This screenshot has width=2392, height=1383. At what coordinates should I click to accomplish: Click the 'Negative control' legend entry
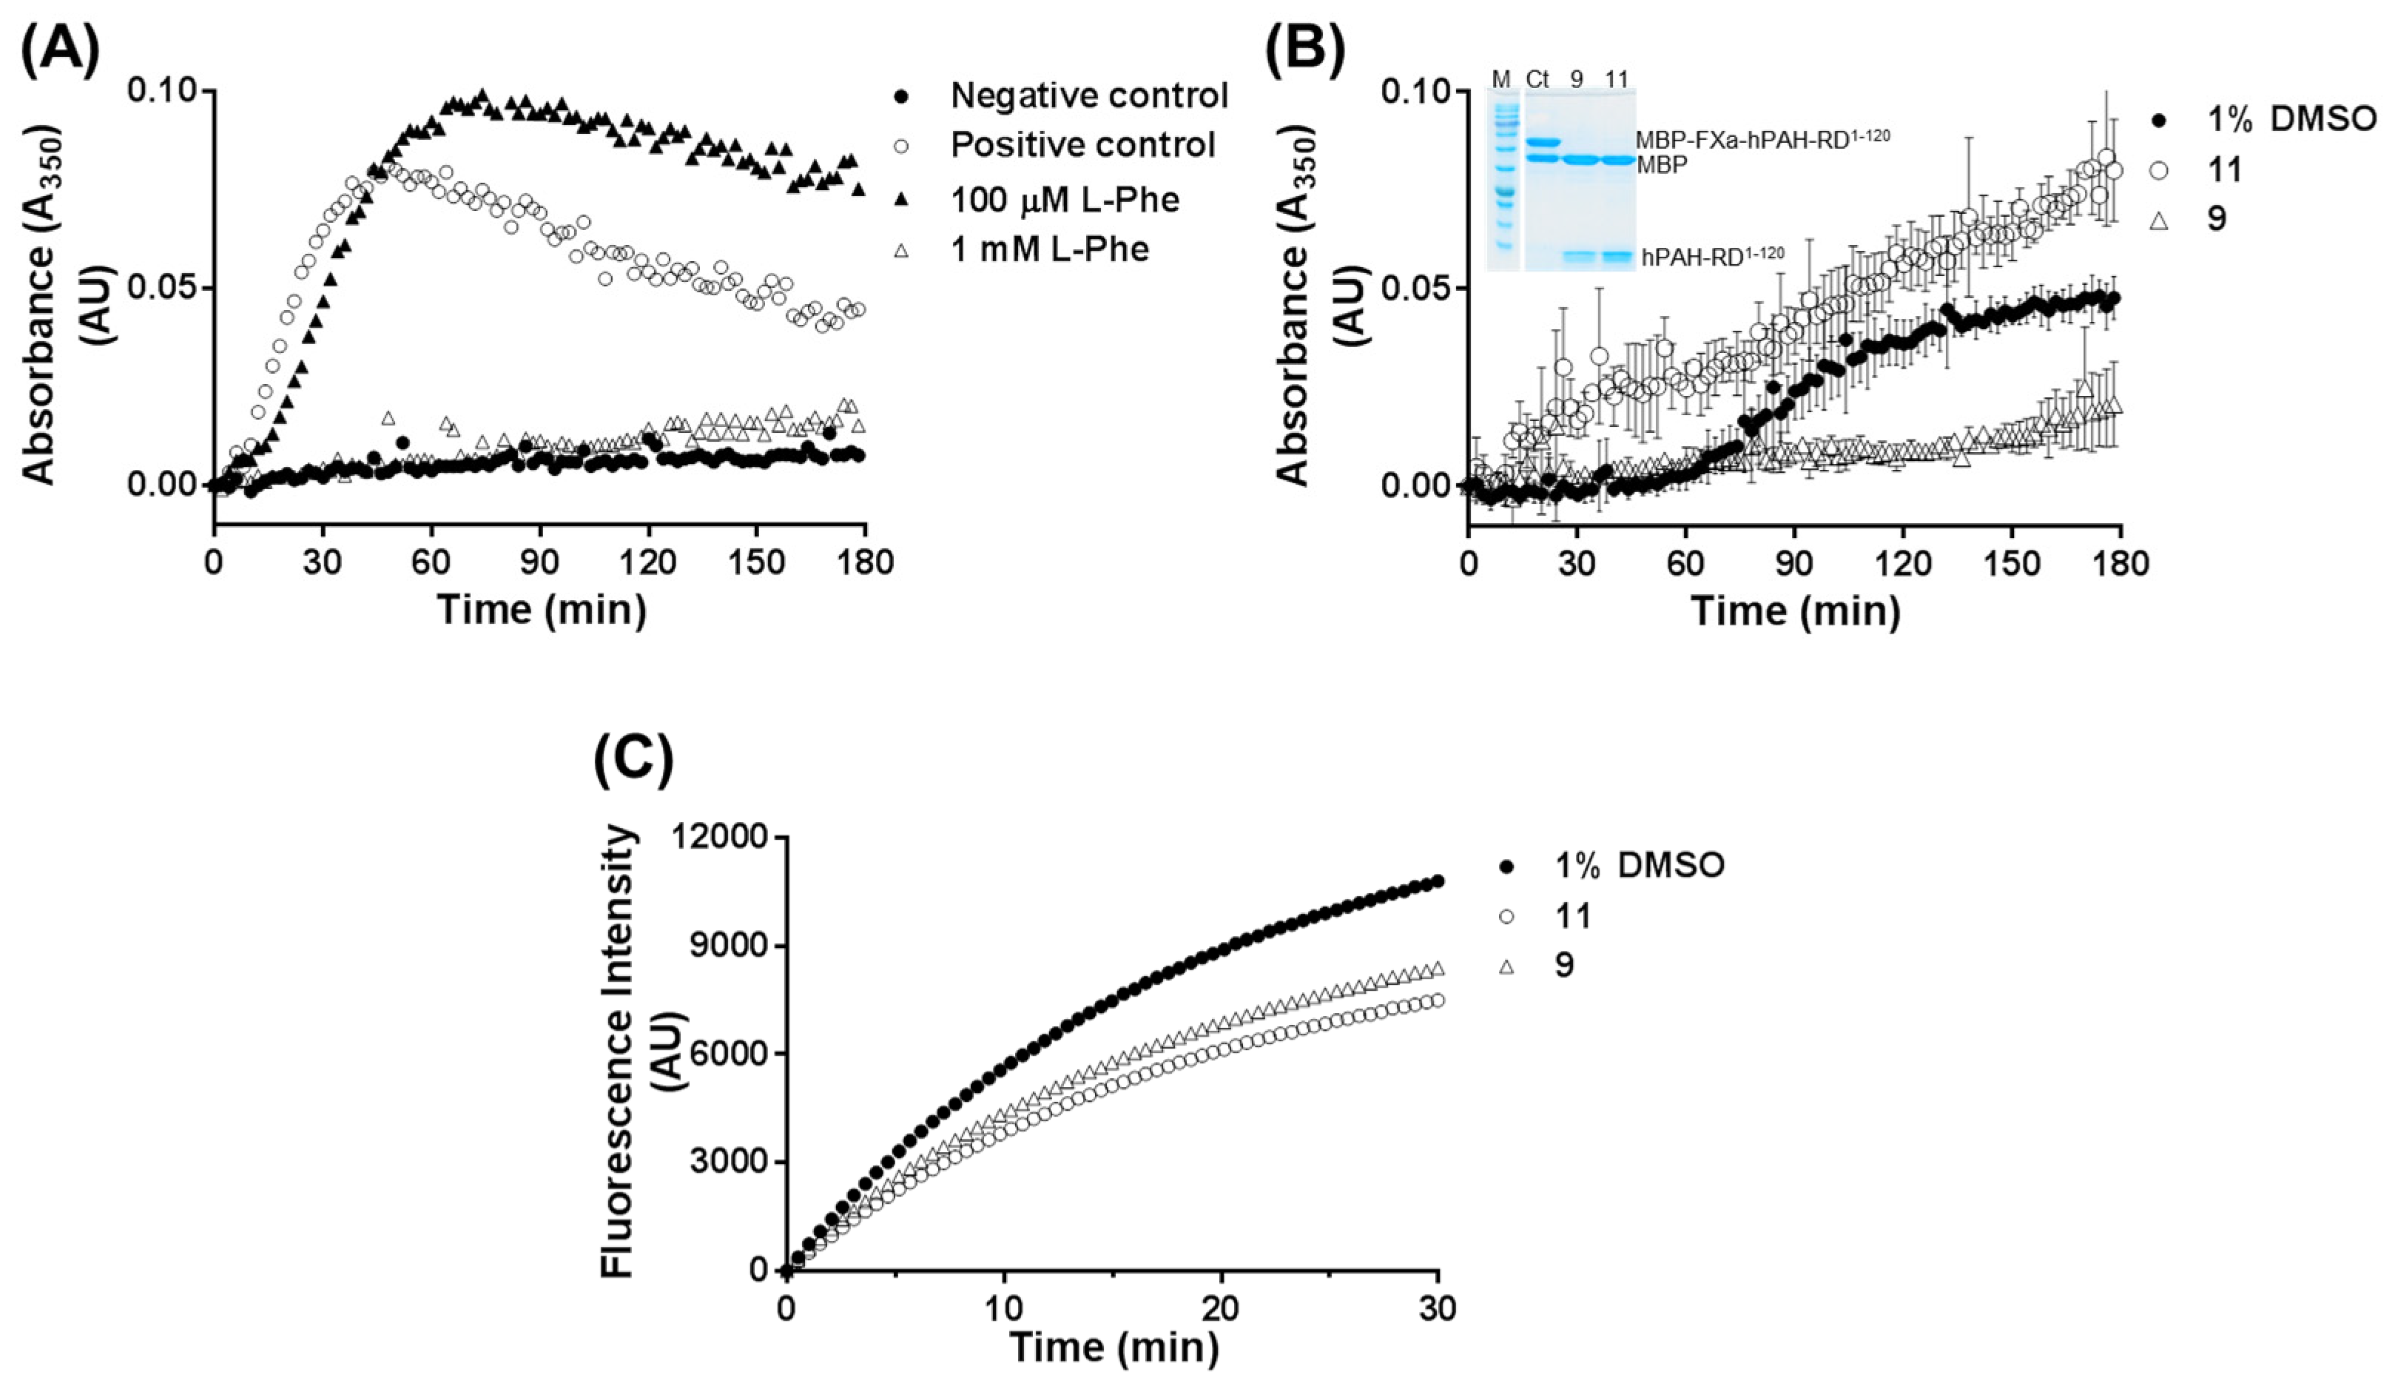pos(1089,96)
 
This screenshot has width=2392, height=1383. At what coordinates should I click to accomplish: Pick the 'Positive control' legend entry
pos(1082,145)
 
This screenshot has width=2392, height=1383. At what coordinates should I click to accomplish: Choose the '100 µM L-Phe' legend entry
pos(1065,199)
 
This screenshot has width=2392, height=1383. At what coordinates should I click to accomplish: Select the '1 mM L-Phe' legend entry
pos(1050,249)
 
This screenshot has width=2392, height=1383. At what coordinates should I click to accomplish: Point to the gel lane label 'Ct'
pos(1537,78)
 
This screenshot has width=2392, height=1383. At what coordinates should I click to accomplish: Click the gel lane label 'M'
pos(1500,78)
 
